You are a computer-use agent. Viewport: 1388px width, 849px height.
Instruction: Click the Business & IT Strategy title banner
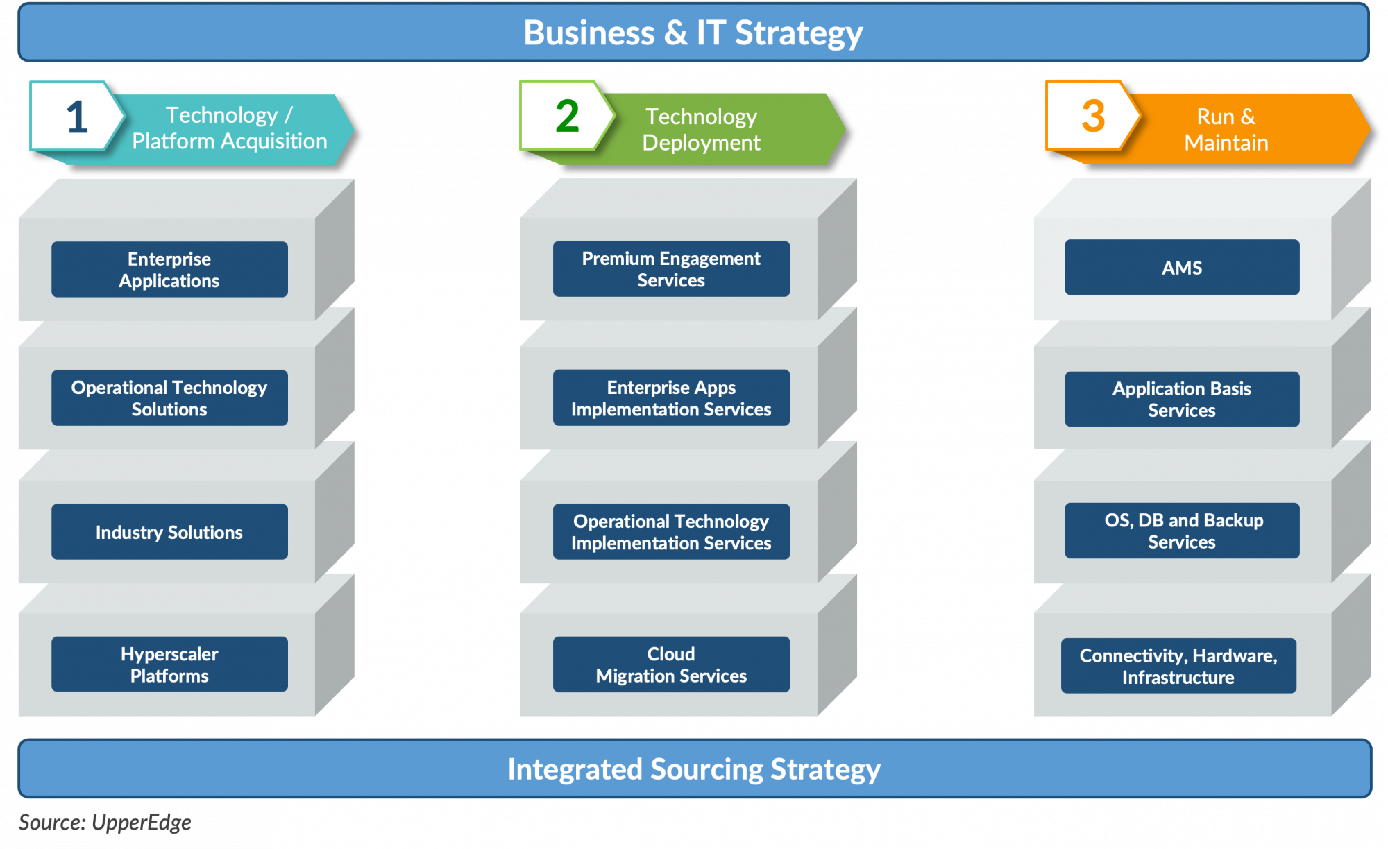693,33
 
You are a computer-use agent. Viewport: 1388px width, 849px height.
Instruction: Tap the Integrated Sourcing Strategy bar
694,769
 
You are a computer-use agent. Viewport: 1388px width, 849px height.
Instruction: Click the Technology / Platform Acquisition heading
229,128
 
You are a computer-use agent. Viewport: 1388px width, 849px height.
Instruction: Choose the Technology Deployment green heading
701,129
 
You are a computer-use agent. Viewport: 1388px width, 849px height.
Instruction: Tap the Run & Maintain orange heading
1226,129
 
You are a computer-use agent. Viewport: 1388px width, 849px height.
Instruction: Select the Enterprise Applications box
169,269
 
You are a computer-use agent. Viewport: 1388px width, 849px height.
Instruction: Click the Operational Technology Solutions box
169,397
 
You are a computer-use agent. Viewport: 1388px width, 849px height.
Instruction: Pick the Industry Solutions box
169,532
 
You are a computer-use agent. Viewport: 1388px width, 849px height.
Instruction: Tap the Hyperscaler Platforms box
169,664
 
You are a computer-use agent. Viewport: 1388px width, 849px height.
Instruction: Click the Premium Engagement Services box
671,269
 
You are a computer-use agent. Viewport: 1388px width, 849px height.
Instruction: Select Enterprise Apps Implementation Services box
671,397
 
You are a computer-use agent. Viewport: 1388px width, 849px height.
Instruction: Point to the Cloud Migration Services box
671,664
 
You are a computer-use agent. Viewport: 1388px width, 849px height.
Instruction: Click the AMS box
1182,268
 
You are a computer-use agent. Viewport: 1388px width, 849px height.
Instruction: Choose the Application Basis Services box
1182,399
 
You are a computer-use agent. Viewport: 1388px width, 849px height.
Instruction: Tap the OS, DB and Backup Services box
1182,531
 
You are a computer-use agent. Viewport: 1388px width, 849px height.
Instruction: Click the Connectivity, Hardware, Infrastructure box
1178,666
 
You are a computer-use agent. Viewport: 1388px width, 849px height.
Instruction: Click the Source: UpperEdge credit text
105,823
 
